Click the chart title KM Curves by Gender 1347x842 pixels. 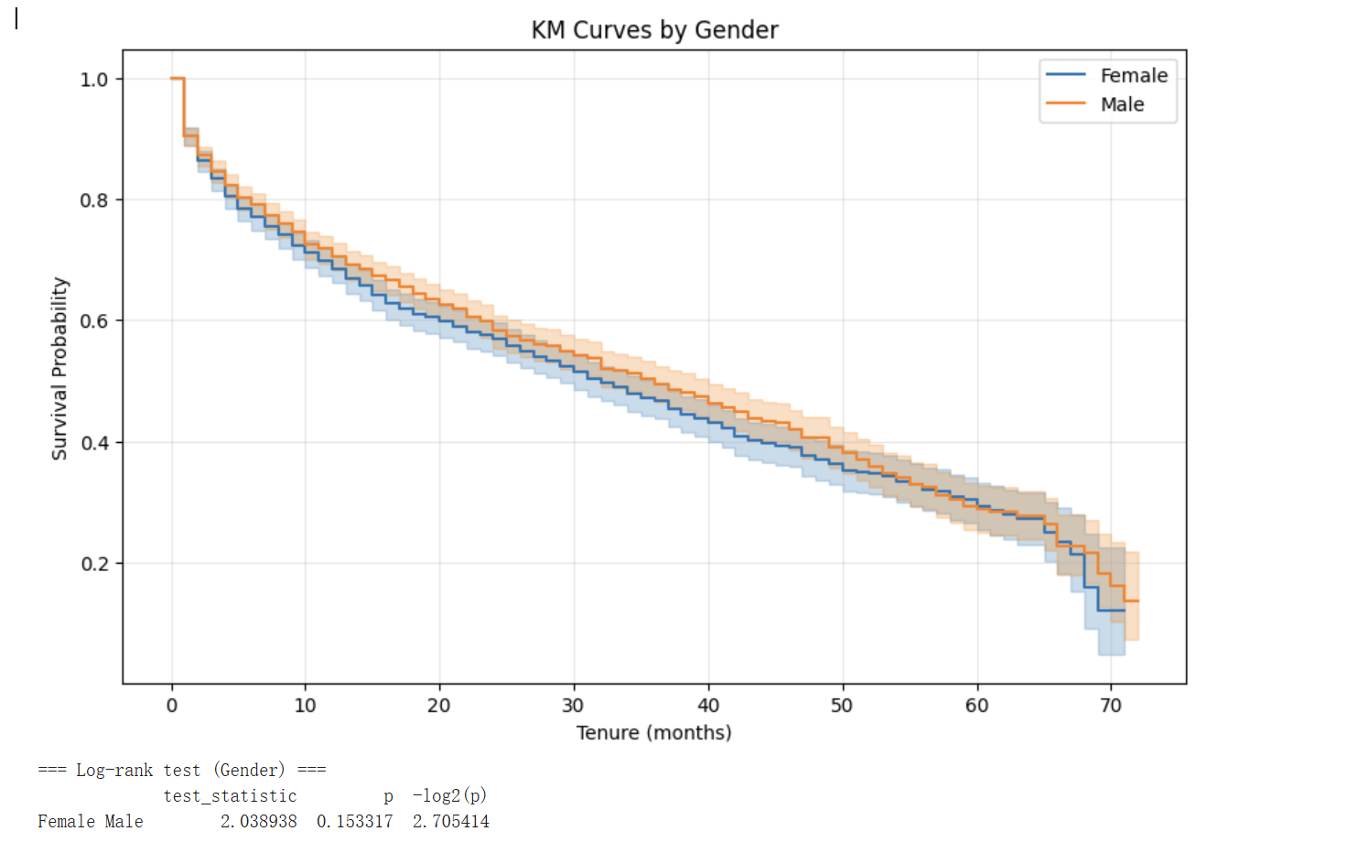pos(654,30)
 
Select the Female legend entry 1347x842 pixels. pos(1133,76)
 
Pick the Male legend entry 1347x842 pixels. pos(1122,104)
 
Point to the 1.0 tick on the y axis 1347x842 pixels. pos(94,80)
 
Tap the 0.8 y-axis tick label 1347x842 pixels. pos(94,200)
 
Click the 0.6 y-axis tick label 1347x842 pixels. pos(94,321)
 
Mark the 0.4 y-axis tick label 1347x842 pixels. pos(94,443)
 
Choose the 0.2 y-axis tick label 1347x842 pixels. pos(94,564)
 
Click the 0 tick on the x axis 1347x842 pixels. pos(172,706)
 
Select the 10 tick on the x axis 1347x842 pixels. pos(306,706)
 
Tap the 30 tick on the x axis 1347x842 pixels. pos(574,706)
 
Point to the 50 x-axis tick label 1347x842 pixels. pos(842,706)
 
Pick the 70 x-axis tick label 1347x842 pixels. pos(1111,706)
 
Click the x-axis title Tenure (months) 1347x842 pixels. pos(654,733)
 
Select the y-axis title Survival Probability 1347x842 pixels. pos(59,368)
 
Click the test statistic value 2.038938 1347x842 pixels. pos(258,822)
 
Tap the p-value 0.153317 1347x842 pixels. pos(354,822)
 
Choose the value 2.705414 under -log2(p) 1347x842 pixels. pos(450,822)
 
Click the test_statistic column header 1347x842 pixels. pos(230,796)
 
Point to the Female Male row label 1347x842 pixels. pos(90,822)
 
